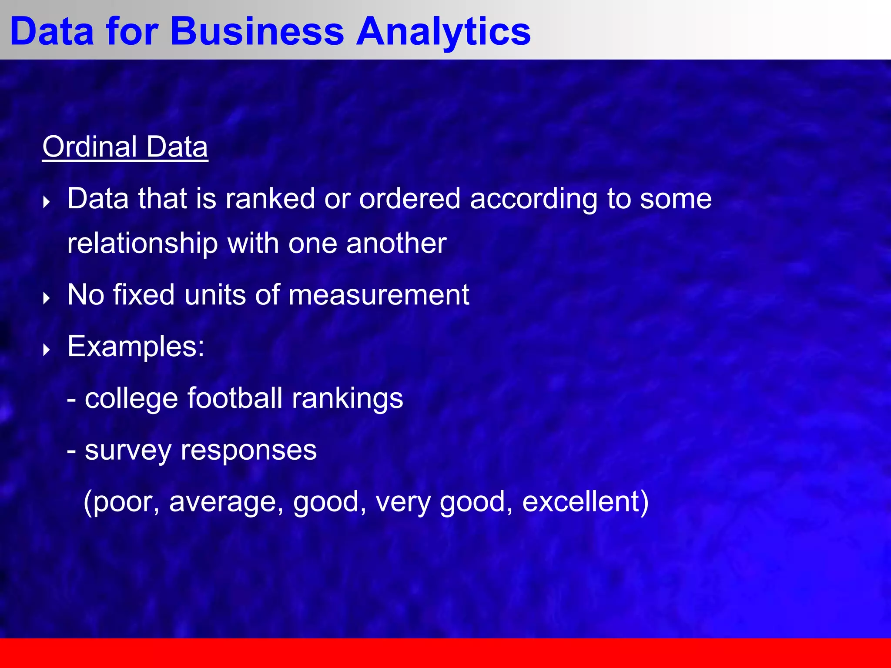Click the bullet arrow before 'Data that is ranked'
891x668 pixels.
point(47,202)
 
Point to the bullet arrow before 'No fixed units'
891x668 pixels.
point(47,298)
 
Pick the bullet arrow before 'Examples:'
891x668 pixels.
point(47,350)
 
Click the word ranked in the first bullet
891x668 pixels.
point(270,199)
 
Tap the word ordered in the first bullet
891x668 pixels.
point(409,199)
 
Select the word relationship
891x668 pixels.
point(142,243)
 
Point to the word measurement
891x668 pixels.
point(379,295)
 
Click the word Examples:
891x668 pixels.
point(136,347)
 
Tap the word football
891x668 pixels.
point(235,398)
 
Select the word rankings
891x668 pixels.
point(347,398)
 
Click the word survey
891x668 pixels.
point(128,451)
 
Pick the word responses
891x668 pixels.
point(248,451)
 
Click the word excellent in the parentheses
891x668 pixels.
point(580,501)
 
